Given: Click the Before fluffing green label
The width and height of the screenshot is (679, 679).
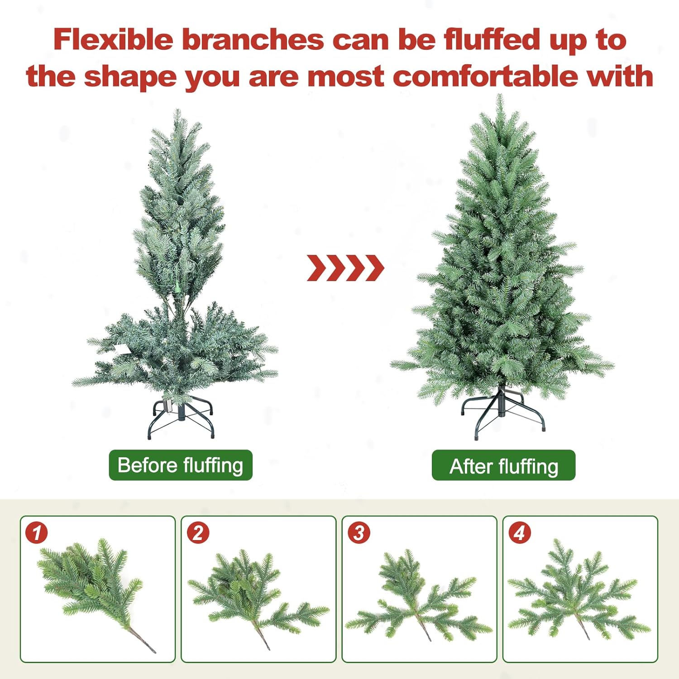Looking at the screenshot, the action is point(181,465).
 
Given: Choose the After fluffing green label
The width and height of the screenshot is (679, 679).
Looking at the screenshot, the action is point(503,465).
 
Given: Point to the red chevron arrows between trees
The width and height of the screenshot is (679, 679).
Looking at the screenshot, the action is point(345,268).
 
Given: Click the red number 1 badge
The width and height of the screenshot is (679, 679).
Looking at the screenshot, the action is point(37,532).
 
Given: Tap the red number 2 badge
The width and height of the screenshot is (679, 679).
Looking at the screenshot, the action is point(198,532).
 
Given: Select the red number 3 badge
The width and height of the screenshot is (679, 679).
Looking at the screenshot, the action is point(359,532).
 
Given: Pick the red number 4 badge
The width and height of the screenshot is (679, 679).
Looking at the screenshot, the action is point(520,532).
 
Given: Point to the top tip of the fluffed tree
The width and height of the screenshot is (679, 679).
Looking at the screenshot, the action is point(499,95).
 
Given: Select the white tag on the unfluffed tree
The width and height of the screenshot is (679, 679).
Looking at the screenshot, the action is point(121,349).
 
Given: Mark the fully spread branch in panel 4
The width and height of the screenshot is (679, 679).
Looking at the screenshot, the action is point(579,588).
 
